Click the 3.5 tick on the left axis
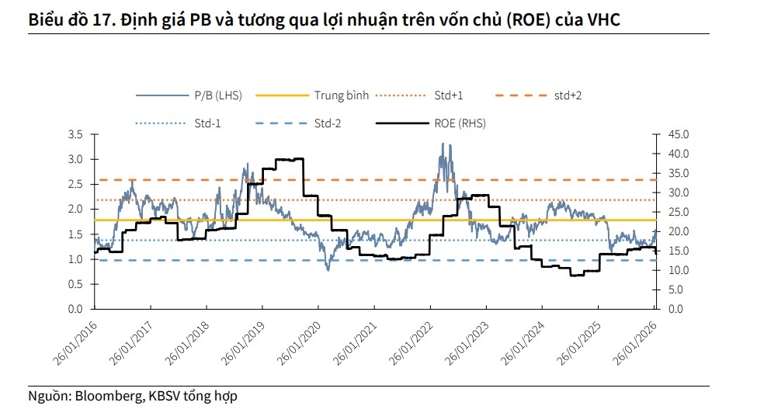click(x=75, y=134)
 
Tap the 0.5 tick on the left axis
click(x=75, y=284)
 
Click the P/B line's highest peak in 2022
click(x=443, y=144)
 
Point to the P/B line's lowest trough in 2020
click(x=328, y=269)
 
